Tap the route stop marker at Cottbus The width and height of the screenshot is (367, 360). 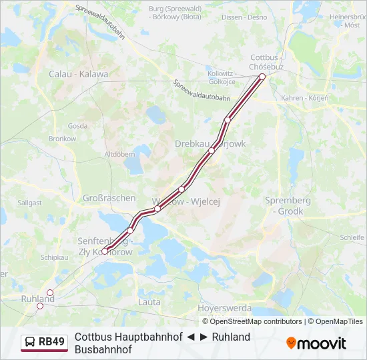click(x=262, y=77)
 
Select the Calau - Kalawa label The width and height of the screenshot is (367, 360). click(x=78, y=74)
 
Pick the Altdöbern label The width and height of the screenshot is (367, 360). click(x=120, y=154)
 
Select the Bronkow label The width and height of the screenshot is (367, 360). click(x=62, y=139)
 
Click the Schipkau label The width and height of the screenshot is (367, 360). click(x=54, y=257)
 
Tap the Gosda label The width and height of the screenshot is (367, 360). click(x=77, y=125)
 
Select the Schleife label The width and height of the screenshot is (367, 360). click(x=352, y=237)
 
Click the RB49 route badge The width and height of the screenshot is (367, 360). click(x=45, y=343)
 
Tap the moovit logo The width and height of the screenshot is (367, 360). click(x=316, y=343)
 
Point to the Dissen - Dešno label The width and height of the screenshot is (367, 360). click(x=244, y=17)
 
